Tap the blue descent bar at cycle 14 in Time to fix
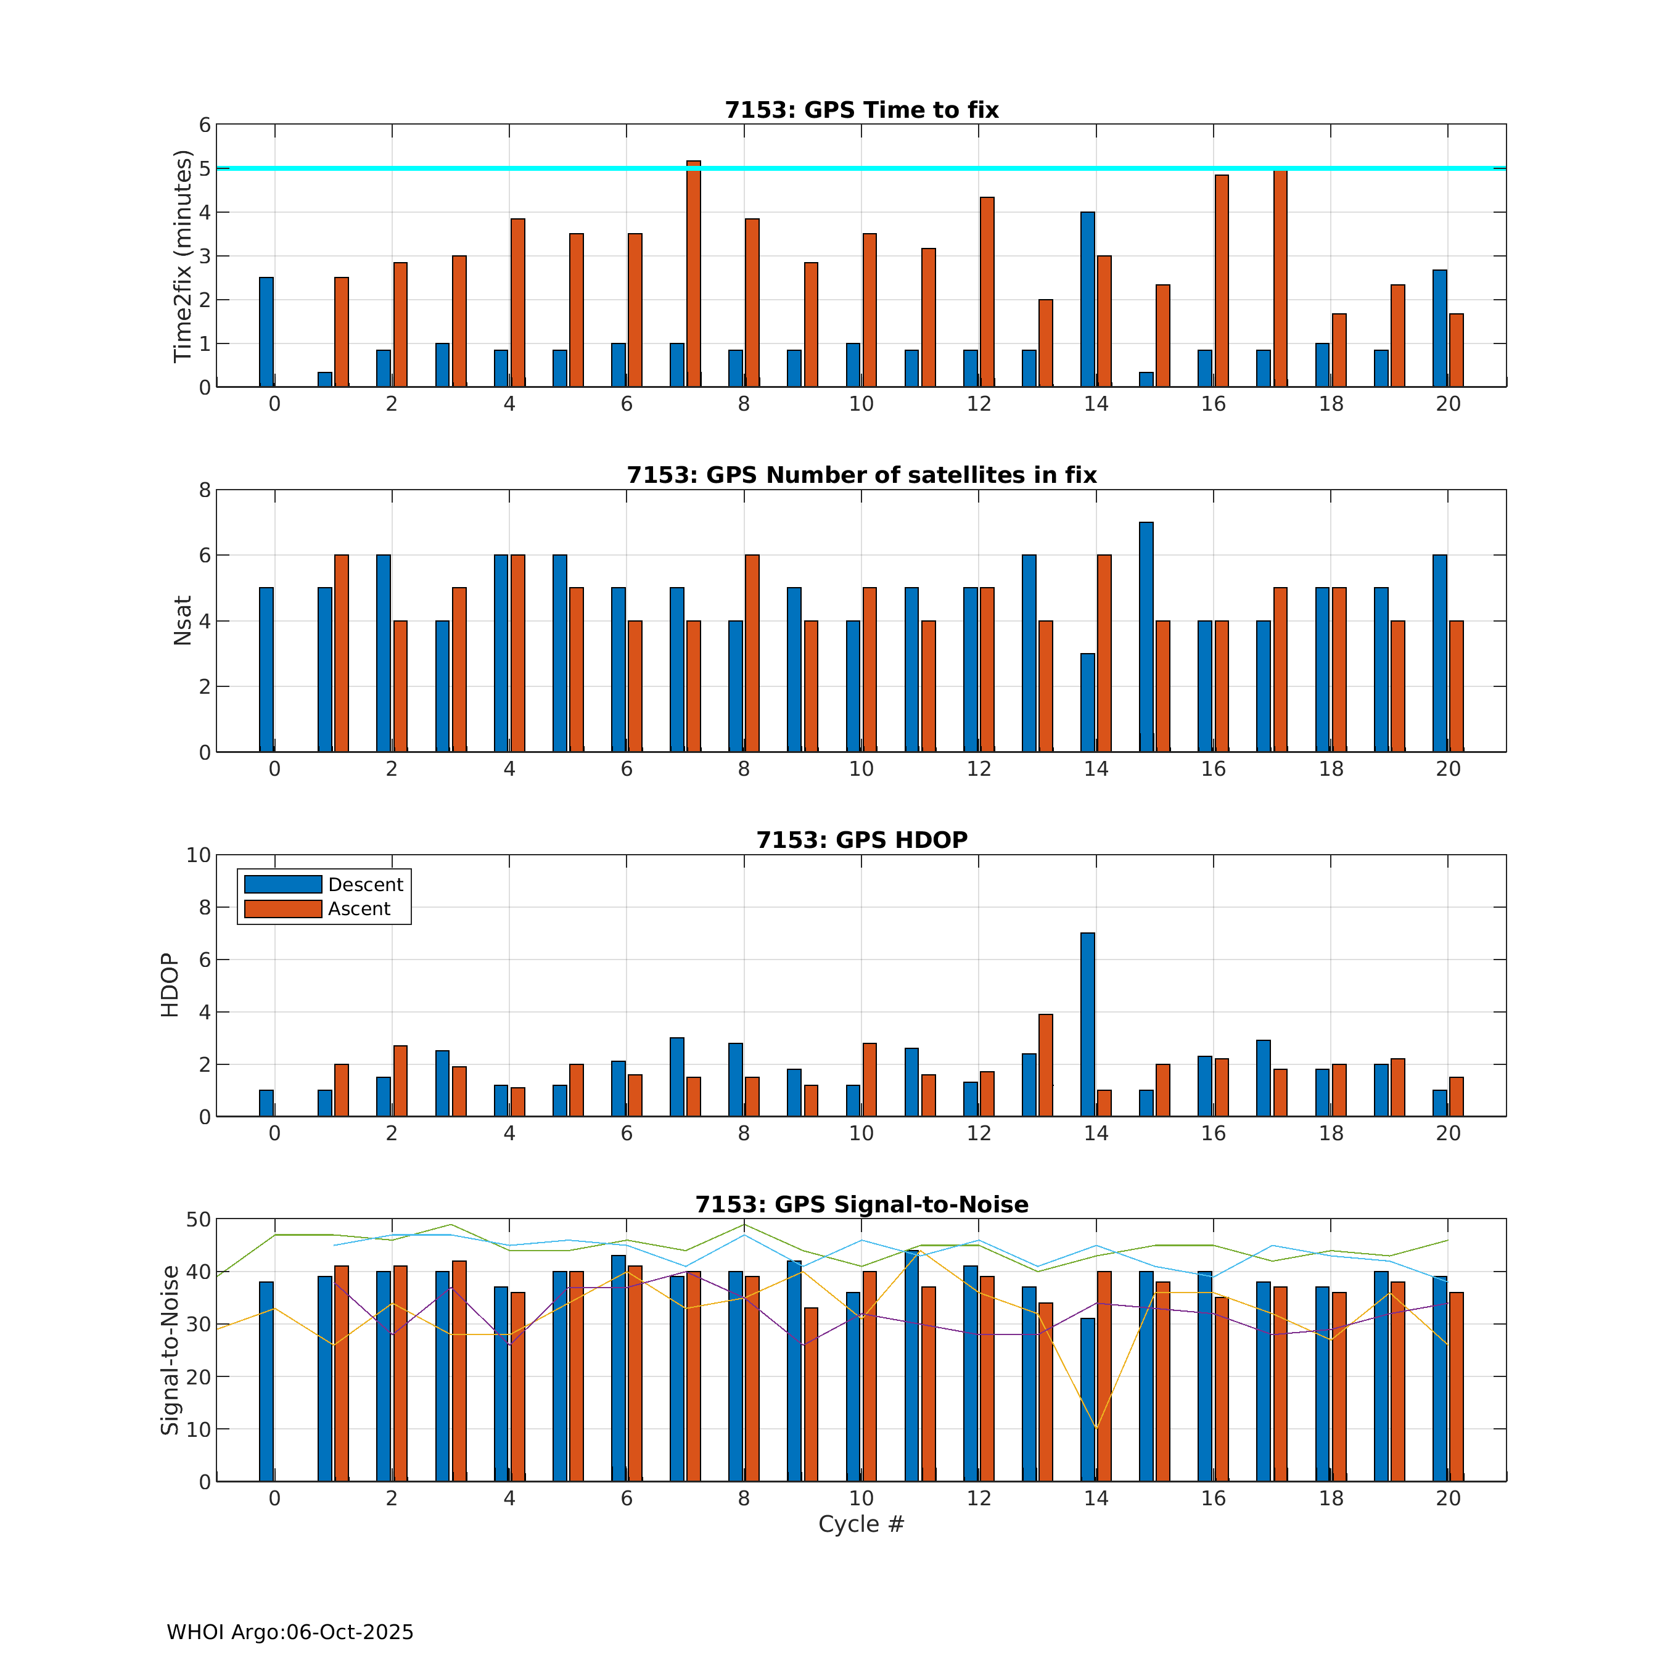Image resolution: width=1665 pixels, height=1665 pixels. click(x=1088, y=299)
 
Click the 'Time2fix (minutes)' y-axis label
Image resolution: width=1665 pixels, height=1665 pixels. click(x=182, y=256)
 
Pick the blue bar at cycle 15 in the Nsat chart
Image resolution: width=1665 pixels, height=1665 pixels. click(x=1146, y=637)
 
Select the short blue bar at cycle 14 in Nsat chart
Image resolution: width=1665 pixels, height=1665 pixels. click(x=1088, y=702)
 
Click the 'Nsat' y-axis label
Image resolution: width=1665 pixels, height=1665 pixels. click(x=182, y=620)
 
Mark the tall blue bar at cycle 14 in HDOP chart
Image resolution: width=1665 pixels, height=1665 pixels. click(x=1088, y=1025)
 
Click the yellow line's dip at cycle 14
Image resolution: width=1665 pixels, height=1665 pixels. click(x=1096, y=1428)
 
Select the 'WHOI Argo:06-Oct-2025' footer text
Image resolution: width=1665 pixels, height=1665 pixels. click(x=290, y=1632)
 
